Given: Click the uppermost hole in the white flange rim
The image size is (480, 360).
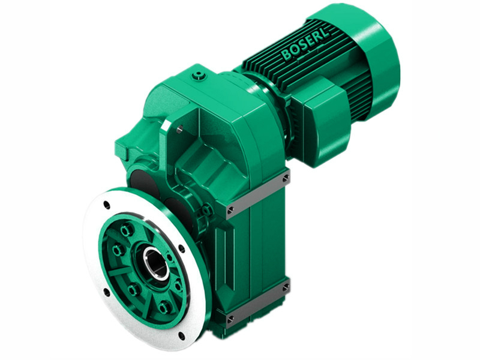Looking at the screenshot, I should (x=106, y=205).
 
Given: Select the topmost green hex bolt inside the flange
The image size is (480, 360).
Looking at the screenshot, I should (x=126, y=230).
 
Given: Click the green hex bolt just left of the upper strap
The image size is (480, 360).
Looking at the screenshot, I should (x=207, y=211).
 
